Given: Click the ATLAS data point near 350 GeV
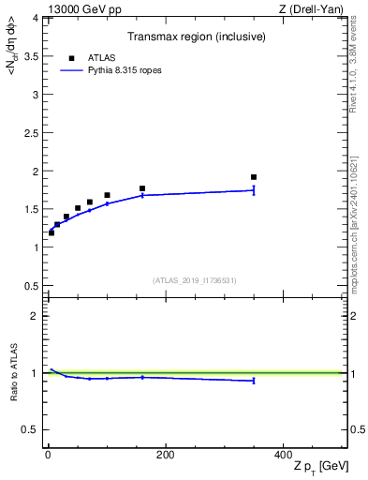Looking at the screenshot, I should click(254, 177).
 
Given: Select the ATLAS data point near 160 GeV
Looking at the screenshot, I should click(142, 188).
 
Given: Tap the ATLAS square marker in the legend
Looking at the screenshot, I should click(71, 57).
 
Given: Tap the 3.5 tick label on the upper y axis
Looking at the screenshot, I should click(32, 56).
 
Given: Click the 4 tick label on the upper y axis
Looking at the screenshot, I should click(36, 18).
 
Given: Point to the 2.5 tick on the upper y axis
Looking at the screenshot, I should click(32, 133).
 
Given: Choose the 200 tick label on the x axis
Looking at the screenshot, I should click(165, 455).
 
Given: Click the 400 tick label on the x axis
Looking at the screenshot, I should click(283, 455).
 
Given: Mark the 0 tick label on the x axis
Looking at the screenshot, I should click(48, 455).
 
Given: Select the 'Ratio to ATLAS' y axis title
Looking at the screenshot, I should click(14, 373).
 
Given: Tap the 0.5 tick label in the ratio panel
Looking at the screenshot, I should click(32, 429).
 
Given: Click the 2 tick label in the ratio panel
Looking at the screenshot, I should click(36, 316).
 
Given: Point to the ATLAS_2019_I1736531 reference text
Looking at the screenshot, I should click(195, 280).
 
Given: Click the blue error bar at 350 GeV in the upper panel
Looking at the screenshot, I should click(254, 190).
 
